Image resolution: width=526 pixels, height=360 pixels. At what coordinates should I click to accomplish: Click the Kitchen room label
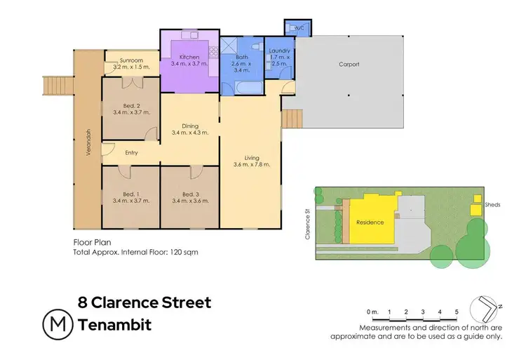[x=189, y=57]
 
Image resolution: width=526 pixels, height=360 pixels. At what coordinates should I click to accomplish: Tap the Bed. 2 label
[x=131, y=105]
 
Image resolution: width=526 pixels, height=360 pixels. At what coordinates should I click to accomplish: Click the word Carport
[x=349, y=64]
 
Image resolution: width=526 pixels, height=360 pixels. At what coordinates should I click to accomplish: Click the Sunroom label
[x=131, y=60]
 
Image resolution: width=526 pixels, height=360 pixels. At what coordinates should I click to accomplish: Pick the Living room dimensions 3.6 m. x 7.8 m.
[x=252, y=165]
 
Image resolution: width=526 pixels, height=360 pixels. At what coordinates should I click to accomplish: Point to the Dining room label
[x=190, y=126]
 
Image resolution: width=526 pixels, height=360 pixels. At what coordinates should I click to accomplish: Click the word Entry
[x=132, y=153]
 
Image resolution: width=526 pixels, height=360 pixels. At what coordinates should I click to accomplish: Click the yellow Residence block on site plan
[x=370, y=222]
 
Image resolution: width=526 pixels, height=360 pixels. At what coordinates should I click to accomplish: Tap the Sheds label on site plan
[x=493, y=205]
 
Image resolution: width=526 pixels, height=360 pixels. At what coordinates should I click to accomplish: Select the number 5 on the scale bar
[x=457, y=311]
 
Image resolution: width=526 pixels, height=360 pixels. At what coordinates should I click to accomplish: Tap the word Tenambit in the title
[x=115, y=326]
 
